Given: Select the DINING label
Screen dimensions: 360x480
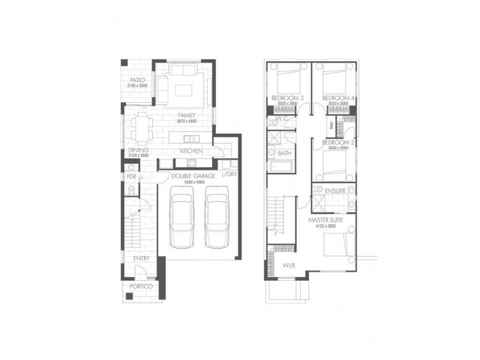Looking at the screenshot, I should [x=134, y=151].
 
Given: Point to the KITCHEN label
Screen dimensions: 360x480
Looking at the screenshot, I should [x=191, y=151].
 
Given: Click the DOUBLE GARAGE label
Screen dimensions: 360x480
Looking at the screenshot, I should [x=193, y=176].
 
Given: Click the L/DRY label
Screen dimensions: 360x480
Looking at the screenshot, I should [x=230, y=175].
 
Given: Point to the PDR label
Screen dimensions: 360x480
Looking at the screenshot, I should [x=131, y=178].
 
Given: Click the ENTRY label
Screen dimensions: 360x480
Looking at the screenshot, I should [x=142, y=258].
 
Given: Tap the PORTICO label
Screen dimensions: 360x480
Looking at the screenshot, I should [x=141, y=287].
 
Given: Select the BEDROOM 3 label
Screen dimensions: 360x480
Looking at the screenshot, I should [x=287, y=98].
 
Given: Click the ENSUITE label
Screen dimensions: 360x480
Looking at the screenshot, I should [x=336, y=190].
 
